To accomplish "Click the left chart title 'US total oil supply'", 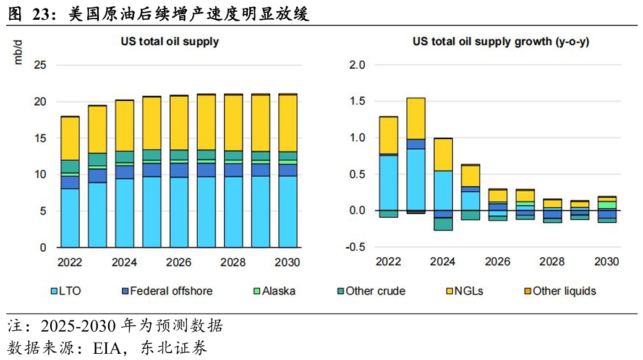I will pos(169,42).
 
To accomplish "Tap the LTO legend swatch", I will pos(54,291).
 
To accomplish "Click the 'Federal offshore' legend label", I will pos(171,291).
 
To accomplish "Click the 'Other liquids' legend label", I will pos(564,291).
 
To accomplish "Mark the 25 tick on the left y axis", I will pos(41,65).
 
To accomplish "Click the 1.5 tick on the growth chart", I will pos(357,101).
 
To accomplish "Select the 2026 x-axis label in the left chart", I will pos(179,262).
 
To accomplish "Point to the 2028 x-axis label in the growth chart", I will pos(552,262).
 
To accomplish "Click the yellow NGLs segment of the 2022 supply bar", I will pos(70,138).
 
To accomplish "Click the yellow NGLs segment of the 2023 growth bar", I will pos(415,118).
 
